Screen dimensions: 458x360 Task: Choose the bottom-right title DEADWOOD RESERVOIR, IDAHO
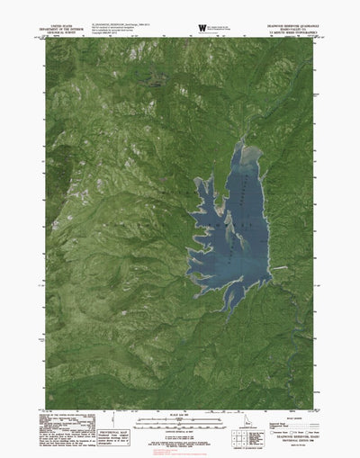click(306, 439)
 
